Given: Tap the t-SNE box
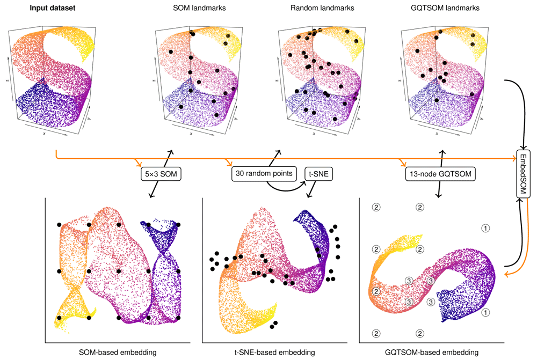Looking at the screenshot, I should [x=319, y=174].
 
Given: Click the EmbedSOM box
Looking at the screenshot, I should [x=524, y=171].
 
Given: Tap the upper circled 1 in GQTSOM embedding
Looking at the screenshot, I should [x=486, y=228].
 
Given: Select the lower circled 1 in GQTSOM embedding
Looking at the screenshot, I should [x=486, y=312].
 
